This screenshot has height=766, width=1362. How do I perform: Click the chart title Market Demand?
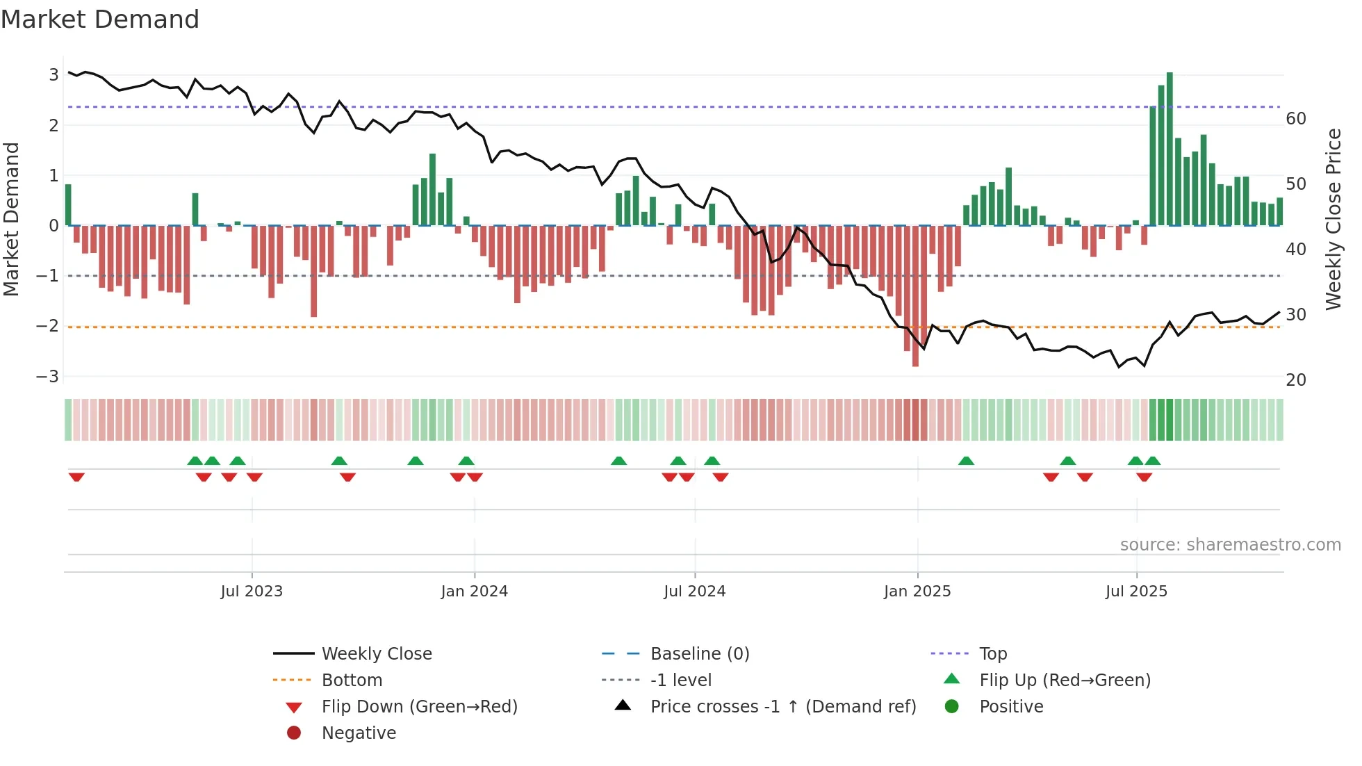tap(100, 19)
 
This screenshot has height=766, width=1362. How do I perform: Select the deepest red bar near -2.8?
tap(915, 295)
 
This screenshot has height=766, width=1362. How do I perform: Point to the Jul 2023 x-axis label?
tap(252, 592)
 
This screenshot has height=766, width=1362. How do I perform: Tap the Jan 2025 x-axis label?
tap(917, 592)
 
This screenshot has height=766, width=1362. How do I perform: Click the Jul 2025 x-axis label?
tap(1136, 592)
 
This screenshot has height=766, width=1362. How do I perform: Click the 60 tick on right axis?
tap(1296, 119)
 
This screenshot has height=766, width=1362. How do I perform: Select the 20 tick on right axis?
tap(1296, 380)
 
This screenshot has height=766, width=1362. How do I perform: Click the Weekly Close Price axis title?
tap(1333, 219)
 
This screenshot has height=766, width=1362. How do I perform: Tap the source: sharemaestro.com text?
tap(1230, 545)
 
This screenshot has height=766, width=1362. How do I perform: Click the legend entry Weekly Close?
tap(377, 654)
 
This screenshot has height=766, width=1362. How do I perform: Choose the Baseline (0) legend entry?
tap(699, 654)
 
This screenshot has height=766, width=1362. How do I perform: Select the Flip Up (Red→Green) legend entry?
tap(1065, 681)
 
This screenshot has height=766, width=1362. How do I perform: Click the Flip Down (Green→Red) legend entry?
tap(419, 707)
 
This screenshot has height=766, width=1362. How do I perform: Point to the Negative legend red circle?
tap(294, 733)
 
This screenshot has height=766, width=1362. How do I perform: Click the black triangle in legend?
tap(623, 706)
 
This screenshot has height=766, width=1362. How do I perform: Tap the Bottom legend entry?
tap(352, 681)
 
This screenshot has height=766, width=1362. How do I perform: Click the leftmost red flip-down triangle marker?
tap(76, 477)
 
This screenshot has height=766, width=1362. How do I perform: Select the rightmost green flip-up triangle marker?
tap(1153, 461)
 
